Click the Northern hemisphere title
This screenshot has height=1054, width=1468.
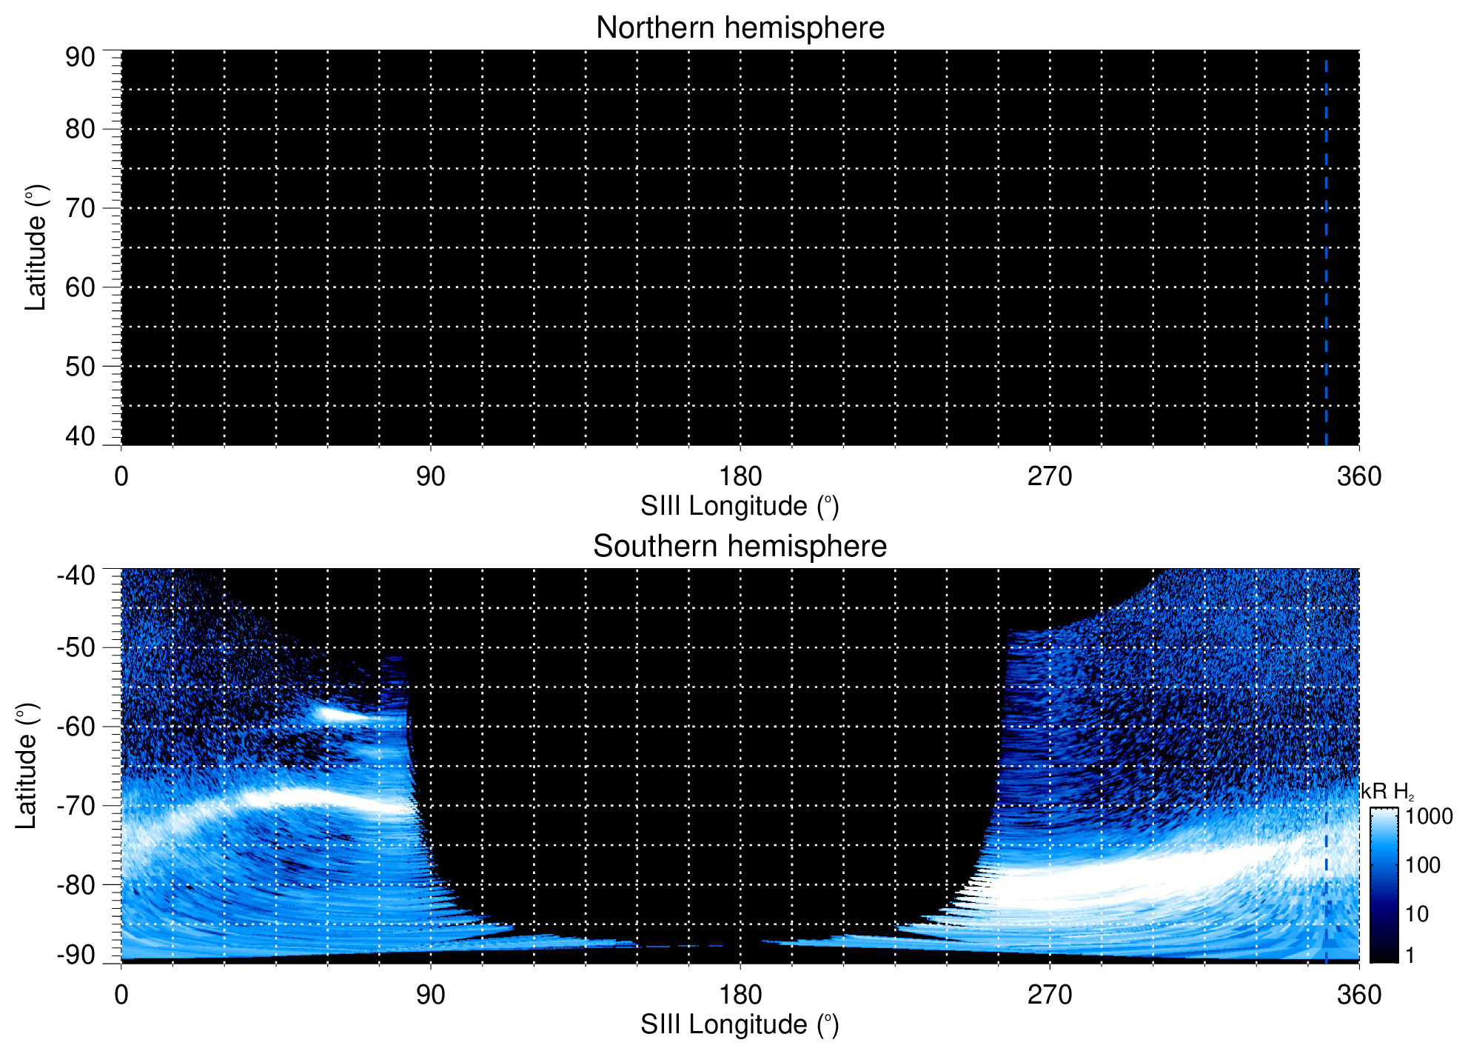click(x=740, y=28)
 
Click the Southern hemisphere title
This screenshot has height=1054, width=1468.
click(x=740, y=547)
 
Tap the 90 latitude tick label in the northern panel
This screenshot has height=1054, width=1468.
click(x=80, y=57)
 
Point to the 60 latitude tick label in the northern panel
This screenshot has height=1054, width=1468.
click(x=80, y=287)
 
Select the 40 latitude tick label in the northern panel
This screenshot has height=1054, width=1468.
click(x=80, y=436)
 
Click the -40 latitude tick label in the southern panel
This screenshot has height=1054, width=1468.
click(x=76, y=576)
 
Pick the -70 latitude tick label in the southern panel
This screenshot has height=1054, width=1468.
click(x=76, y=805)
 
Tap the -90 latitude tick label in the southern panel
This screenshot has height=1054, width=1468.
click(x=76, y=955)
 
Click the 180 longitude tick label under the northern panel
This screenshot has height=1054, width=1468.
click(x=740, y=476)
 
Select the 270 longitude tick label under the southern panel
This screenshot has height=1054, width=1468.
click(x=1050, y=995)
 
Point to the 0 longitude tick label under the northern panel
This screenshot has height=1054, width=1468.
click(x=121, y=476)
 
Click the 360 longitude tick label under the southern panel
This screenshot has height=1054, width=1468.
click(x=1359, y=995)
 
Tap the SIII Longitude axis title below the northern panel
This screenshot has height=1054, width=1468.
click(x=740, y=507)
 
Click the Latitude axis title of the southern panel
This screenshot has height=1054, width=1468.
click(x=27, y=767)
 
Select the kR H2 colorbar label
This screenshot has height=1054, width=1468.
click(x=1387, y=792)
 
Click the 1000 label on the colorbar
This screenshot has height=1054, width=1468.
click(x=1429, y=816)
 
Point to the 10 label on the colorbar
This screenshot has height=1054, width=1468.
click(x=1417, y=914)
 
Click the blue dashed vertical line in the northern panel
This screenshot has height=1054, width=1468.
click(x=1326, y=252)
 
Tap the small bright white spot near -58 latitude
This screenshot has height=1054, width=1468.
click(x=337, y=714)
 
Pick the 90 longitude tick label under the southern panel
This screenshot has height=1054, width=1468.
click(x=430, y=995)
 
